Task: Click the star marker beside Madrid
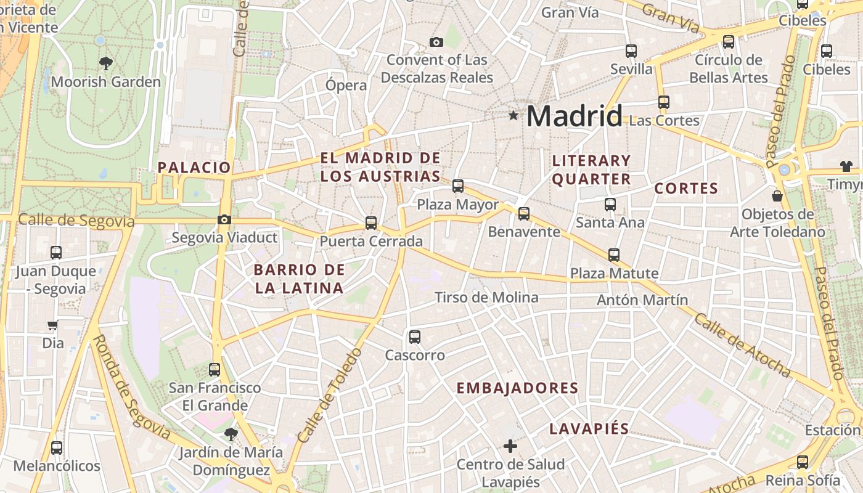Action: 513,115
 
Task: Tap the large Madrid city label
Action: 574,116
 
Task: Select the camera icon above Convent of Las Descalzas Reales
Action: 436,42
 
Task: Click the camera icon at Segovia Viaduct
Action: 224,219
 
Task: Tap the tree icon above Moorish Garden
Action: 106,62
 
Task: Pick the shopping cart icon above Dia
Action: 53,325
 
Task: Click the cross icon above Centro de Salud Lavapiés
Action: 510,446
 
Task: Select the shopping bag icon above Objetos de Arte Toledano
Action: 777,196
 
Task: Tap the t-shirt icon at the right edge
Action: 846,166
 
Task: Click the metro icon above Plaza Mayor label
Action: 457,185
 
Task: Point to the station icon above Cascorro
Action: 415,337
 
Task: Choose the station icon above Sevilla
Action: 631,51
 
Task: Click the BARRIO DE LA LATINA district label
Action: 299,279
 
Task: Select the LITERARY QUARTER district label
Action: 591,170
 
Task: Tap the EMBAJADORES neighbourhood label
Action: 517,388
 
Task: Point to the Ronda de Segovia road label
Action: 132,386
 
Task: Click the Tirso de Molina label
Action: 486,298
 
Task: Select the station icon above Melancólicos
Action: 57,448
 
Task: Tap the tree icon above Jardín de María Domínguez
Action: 231,434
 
